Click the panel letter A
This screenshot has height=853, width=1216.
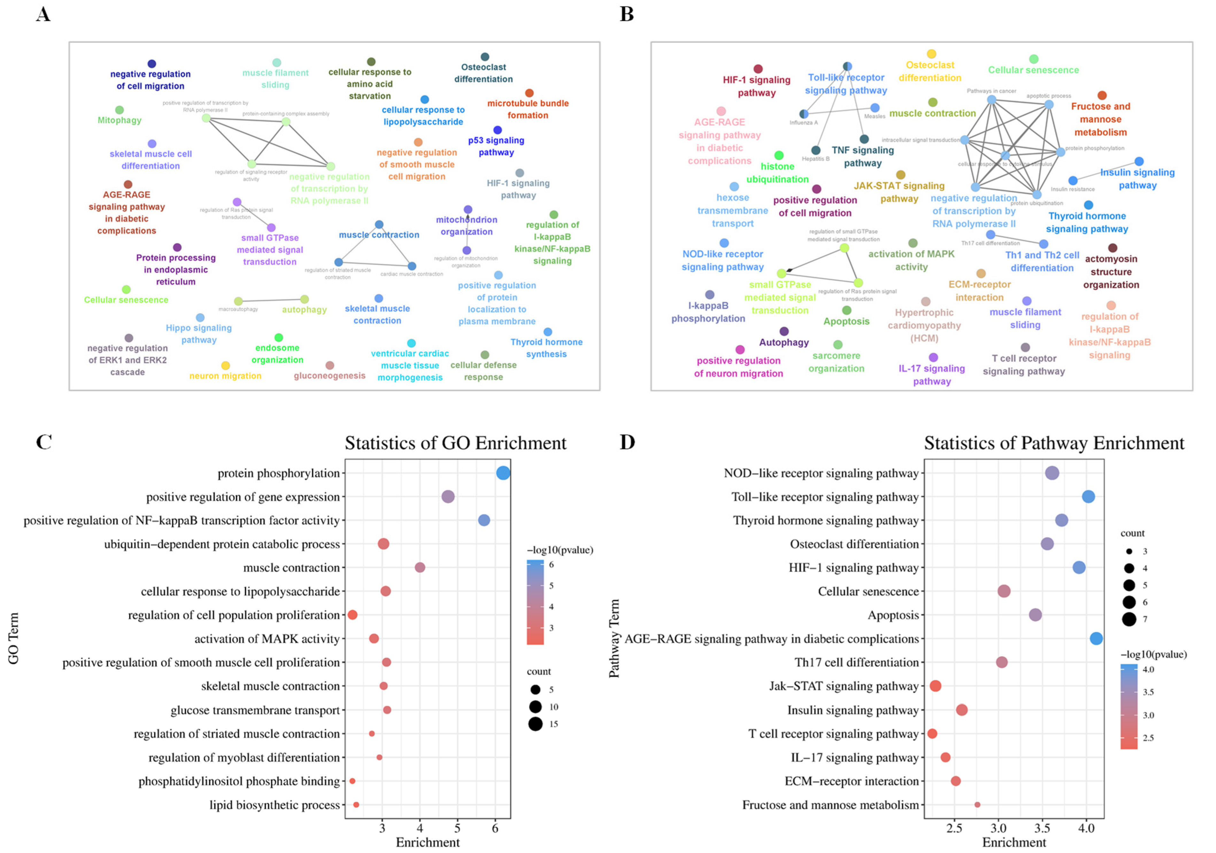[43, 14]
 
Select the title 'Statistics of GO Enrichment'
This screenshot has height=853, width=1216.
[456, 443]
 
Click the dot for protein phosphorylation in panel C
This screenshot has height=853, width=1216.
[503, 473]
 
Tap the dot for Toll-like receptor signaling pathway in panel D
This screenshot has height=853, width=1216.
[1089, 497]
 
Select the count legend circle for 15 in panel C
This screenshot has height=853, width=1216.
[535, 724]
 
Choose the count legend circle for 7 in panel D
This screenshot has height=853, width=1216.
[1129, 619]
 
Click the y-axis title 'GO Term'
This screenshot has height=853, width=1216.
[14, 638]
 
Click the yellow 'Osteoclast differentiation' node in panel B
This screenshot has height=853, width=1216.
[932, 54]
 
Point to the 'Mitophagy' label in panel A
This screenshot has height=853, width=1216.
[120, 120]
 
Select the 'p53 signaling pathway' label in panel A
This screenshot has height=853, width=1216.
[496, 146]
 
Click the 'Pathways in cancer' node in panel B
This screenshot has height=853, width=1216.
[991, 100]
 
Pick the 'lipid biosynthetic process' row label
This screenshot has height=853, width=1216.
[274, 805]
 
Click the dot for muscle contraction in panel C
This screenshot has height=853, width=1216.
[420, 567]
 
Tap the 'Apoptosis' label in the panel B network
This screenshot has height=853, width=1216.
[846, 321]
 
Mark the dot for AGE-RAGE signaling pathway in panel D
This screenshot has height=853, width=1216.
[1096, 639]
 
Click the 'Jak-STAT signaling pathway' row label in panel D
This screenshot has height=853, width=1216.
[844, 686]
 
